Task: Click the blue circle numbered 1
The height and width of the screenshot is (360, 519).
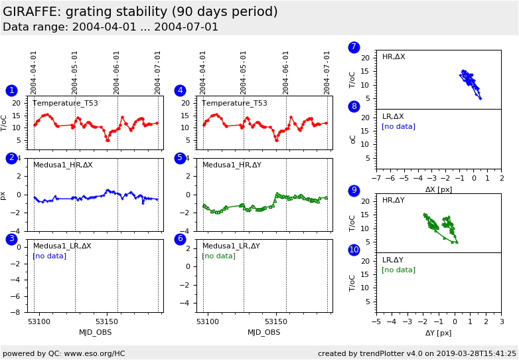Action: tap(11, 90)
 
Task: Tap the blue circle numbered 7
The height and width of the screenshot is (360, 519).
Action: tap(354, 47)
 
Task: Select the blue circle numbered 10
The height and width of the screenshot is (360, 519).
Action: tap(354, 250)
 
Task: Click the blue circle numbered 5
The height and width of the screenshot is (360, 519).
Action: tap(180, 158)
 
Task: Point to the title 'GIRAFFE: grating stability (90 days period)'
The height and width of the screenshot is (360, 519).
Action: tap(140, 12)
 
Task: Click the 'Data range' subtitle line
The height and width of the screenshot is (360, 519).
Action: tap(110, 27)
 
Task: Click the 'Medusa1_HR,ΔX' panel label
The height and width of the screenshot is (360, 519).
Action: tap(63, 165)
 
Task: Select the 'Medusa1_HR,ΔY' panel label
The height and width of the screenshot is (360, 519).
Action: tap(232, 165)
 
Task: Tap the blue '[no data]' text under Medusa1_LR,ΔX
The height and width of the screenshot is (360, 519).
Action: tap(49, 256)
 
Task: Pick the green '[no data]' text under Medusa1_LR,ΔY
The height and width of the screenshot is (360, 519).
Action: tap(218, 256)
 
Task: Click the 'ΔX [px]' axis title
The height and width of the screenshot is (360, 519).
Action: tap(439, 189)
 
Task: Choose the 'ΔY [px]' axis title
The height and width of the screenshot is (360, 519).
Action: tap(439, 333)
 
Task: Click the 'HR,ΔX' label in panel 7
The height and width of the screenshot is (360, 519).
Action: tap(394, 57)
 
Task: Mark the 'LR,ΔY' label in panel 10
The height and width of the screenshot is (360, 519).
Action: tap(394, 260)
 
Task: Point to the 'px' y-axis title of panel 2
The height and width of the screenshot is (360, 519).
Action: tap(3, 195)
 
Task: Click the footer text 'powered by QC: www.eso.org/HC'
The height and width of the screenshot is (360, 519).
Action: tap(64, 353)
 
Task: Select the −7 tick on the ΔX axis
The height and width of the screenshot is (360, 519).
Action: tap(376, 178)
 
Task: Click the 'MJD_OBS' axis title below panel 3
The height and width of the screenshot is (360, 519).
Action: tap(96, 332)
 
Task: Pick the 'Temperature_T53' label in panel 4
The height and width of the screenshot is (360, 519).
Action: tap(234, 103)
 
